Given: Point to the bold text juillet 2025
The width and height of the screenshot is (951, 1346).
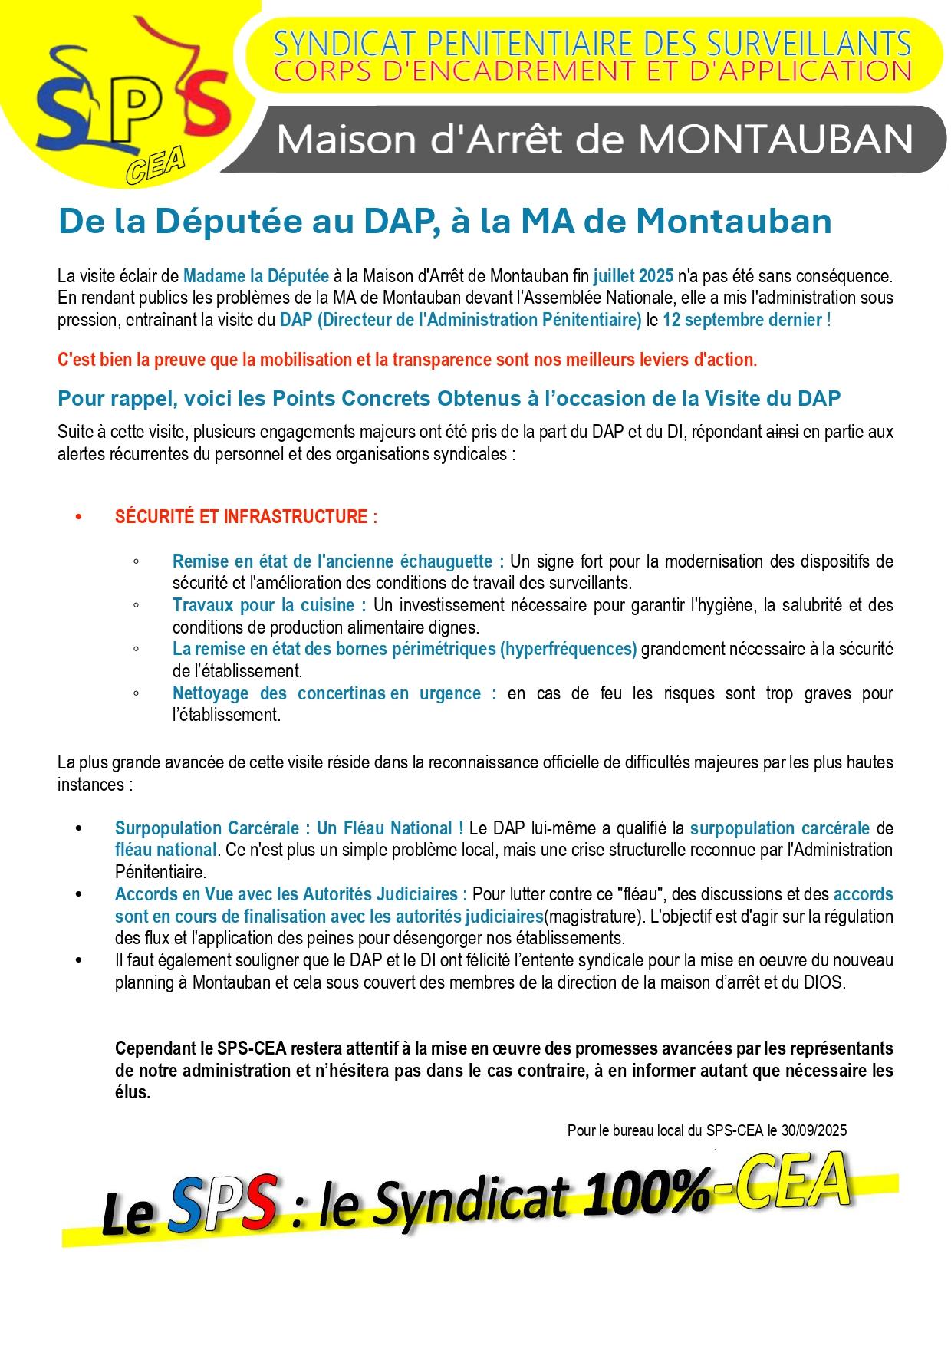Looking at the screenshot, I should tap(633, 275).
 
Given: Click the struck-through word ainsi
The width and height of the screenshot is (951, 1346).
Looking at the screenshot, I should tap(782, 432).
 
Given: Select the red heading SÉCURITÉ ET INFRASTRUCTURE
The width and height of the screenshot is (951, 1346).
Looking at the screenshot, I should tap(245, 516).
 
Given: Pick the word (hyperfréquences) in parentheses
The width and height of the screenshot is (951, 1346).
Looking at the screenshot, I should tap(568, 649).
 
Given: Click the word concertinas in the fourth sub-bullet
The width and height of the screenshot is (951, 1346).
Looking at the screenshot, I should tap(341, 693).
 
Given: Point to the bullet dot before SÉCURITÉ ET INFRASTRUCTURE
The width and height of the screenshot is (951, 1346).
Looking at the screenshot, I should tap(78, 517).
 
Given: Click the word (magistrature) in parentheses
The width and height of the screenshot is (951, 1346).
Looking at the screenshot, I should tap(594, 916).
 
